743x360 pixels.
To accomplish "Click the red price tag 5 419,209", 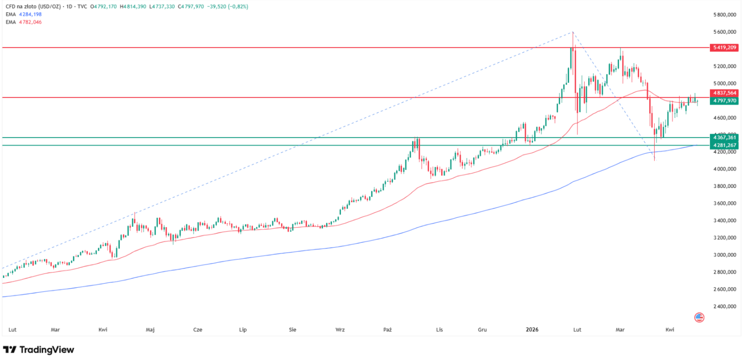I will pyautogui.click(x=724, y=47).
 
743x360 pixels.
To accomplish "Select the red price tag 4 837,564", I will pyautogui.click(x=724, y=93).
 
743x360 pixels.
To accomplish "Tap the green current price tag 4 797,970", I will pyautogui.click(x=724, y=101).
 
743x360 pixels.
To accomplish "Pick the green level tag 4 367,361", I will pyautogui.click(x=724, y=138).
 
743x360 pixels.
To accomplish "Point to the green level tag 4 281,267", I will pyautogui.click(x=724, y=145).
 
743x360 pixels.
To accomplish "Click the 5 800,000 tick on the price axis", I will pyautogui.click(x=724, y=15).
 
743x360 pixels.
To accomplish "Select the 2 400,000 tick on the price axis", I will pyautogui.click(x=724, y=307).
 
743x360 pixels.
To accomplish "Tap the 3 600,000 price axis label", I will pyautogui.click(x=724, y=204).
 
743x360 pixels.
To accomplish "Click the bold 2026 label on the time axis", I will pyautogui.click(x=532, y=330).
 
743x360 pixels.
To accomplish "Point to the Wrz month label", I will pyautogui.click(x=340, y=330).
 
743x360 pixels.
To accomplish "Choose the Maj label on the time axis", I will pyautogui.click(x=150, y=330).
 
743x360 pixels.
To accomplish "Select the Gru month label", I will pyautogui.click(x=482, y=330).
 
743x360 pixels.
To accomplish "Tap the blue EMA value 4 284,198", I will pyautogui.click(x=30, y=15).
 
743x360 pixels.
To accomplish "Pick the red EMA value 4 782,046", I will pyautogui.click(x=30, y=22).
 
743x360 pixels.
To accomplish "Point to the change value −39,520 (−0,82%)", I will pyautogui.click(x=227, y=7).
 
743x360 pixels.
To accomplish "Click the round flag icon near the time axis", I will pyautogui.click(x=699, y=317).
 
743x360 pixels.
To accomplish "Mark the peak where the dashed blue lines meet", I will pyautogui.click(x=573, y=32).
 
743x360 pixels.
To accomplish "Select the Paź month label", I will pyautogui.click(x=387, y=330).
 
